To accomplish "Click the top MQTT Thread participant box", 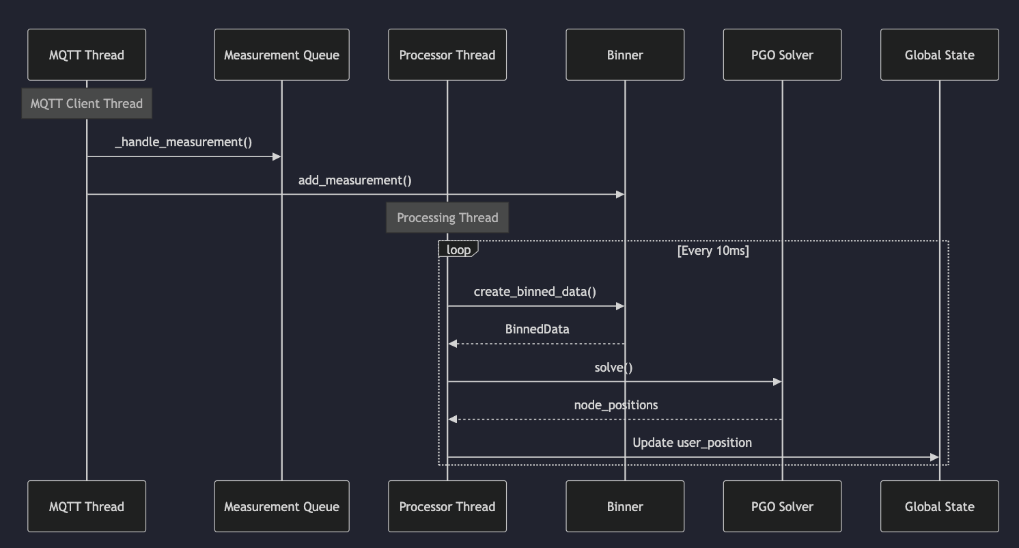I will (87, 55).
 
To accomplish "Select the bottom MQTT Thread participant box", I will (87, 506).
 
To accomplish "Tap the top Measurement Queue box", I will (281, 55).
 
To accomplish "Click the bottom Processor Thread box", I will (447, 506).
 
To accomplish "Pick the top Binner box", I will (625, 55).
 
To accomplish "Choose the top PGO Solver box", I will (782, 55).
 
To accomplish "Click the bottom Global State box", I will (939, 506).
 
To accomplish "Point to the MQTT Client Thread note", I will (87, 103).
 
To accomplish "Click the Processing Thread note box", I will (447, 217).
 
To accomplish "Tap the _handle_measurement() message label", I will (184, 142).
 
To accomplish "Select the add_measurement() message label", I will (355, 180).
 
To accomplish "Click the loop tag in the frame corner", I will (458, 249).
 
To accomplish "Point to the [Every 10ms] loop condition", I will (713, 250).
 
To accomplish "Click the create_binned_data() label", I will (535, 292).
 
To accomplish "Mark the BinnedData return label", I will (537, 329).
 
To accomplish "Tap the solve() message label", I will (613, 368).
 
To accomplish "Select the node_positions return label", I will (615, 405).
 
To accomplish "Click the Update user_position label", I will (692, 443).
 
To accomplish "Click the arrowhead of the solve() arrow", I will (777, 381).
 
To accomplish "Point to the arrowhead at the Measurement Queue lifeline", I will (277, 156).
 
